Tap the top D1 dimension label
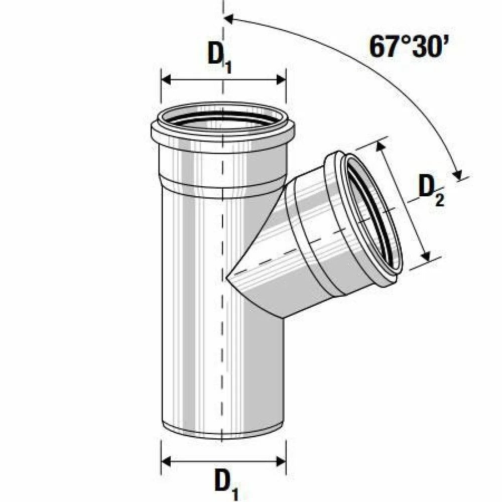[220, 58]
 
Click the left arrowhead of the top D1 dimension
[166, 80]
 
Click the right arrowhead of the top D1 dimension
[281, 80]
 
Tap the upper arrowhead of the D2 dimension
[380, 147]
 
